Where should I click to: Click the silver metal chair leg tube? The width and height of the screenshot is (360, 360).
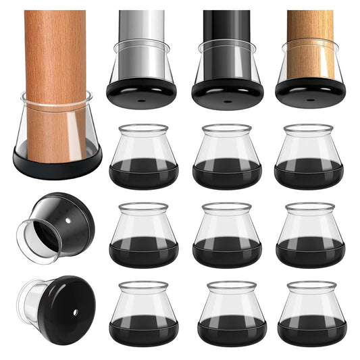pyautogui.click(x=141, y=30)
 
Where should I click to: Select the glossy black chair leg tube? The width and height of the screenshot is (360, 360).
pyautogui.click(x=227, y=30)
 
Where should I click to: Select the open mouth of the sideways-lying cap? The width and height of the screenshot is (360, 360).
pyautogui.click(x=34, y=238)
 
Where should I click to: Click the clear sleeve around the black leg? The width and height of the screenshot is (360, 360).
pyautogui.click(x=227, y=61)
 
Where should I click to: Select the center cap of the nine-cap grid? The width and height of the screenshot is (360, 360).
pyautogui.click(x=227, y=234)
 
